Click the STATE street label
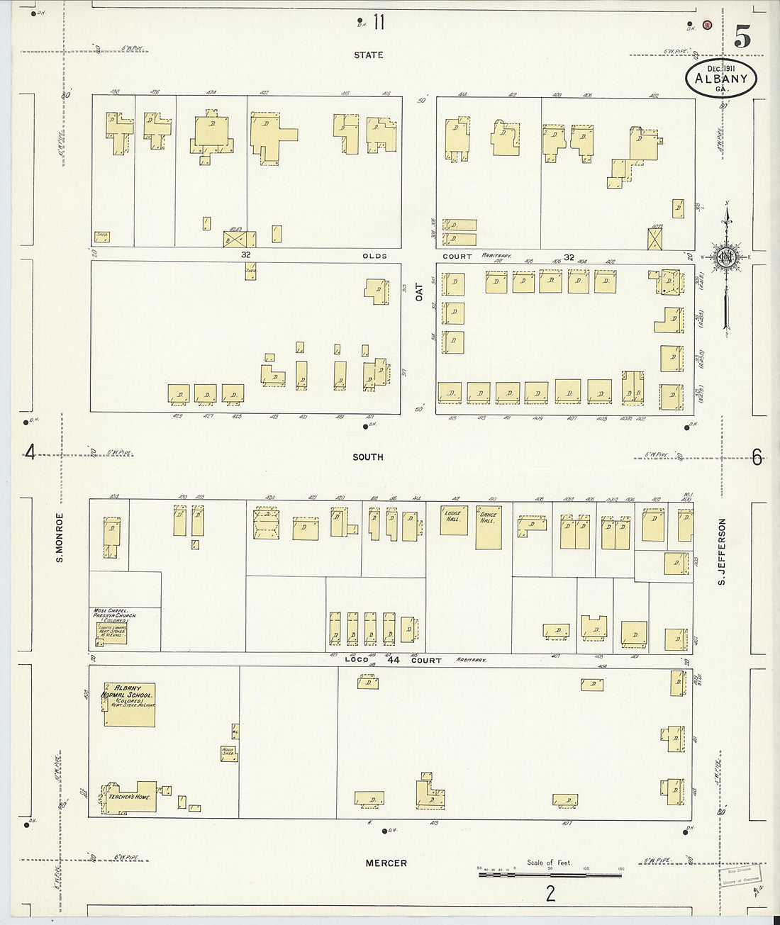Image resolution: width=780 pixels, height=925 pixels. [368, 55]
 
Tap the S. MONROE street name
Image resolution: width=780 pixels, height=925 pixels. [60, 537]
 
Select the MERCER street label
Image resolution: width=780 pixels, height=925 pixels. [386, 863]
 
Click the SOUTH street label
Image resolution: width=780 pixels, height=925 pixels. [368, 457]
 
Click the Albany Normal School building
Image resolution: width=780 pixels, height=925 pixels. [130, 705]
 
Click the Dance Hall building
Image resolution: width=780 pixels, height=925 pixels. [489, 528]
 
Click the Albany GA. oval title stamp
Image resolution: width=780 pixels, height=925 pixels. [720, 79]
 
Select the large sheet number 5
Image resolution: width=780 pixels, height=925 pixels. [742, 36]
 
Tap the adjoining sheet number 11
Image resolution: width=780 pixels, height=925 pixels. [378, 23]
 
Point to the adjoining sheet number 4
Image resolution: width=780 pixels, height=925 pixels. [30, 452]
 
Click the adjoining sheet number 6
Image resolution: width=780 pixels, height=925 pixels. [757, 458]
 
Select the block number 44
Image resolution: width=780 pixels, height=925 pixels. [394, 660]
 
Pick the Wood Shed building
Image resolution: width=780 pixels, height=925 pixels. [228, 753]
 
